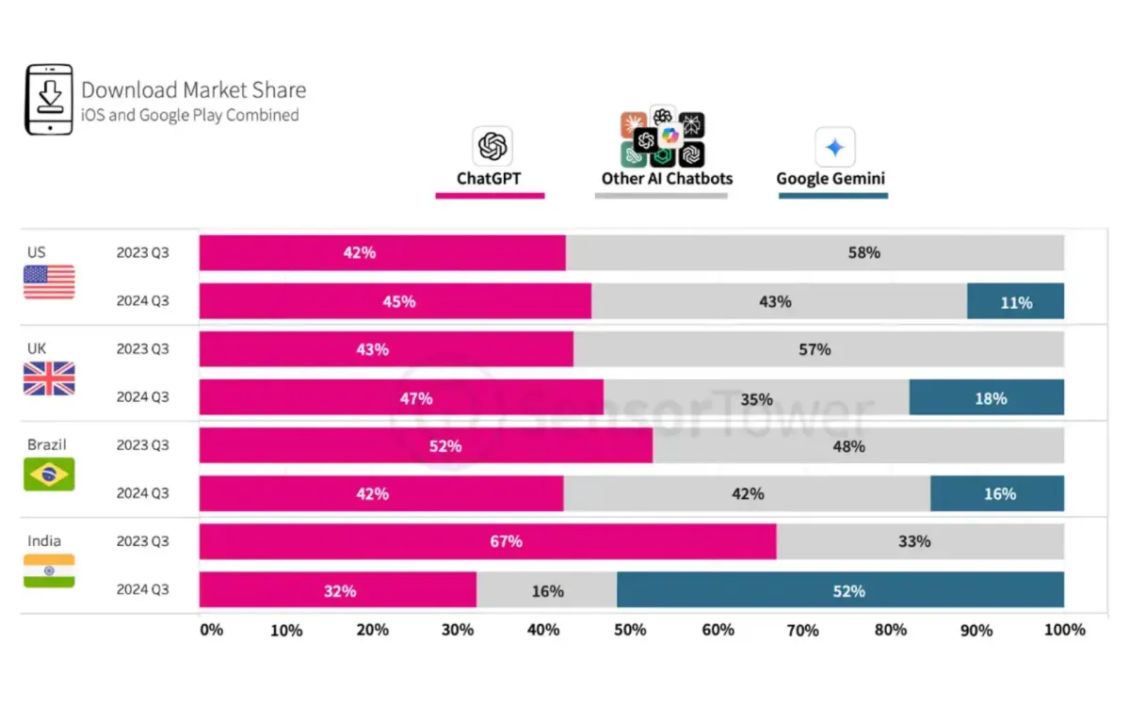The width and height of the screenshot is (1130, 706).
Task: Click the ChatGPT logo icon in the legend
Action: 492,147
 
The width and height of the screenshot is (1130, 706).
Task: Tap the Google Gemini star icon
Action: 834,147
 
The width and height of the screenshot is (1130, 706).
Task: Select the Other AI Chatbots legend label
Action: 667,178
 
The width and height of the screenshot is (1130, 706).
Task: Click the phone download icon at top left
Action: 49,100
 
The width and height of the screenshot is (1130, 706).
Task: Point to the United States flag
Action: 49,282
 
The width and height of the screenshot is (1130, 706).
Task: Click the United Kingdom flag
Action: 49,378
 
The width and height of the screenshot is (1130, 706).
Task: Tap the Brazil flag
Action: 49,473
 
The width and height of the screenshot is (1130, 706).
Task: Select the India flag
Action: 49,570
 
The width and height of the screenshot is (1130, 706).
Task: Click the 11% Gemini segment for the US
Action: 1015,302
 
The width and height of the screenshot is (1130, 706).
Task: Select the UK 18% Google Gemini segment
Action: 987,398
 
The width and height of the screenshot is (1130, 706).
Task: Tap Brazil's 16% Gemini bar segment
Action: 997,493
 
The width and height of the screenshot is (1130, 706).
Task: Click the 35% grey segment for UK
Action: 756,398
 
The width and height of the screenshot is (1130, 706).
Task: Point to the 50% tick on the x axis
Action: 631,630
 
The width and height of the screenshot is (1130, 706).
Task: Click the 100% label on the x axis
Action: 1064,630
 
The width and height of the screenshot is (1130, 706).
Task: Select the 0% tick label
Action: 211,630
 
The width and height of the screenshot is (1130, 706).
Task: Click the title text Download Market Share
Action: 193,90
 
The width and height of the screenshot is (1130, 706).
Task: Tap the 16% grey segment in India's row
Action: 547,590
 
